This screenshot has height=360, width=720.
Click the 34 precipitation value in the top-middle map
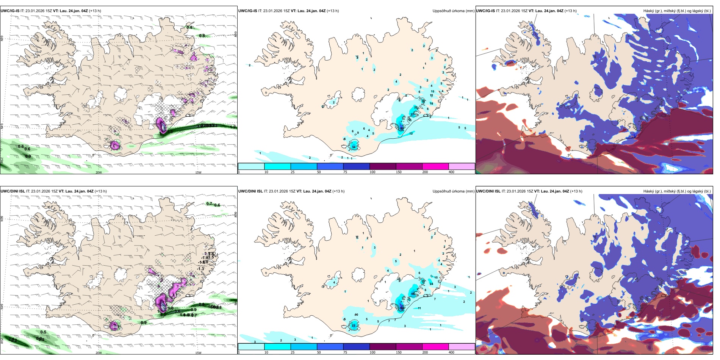354,147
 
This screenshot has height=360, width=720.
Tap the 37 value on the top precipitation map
413,114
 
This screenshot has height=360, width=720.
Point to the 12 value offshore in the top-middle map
411,133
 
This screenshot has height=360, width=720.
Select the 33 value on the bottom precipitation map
354,326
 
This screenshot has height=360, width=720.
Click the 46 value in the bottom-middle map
413,294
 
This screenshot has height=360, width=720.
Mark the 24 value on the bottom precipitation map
431,284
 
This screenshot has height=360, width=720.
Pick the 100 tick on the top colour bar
373,172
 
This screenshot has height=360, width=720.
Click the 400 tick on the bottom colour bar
451,352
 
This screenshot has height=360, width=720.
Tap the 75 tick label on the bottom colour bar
345,352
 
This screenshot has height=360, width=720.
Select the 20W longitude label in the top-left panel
99,172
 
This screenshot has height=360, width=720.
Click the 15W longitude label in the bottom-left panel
198,353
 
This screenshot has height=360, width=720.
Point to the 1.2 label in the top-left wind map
233,127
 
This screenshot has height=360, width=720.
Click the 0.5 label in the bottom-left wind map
43,332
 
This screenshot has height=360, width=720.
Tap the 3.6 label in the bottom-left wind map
177,311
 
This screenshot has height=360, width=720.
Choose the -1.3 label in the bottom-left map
200,269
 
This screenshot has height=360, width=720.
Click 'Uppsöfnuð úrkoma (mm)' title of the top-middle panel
453,11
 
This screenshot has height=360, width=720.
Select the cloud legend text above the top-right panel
677,11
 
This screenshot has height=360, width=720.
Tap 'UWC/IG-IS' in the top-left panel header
10,11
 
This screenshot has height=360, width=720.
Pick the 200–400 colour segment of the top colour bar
435,166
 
